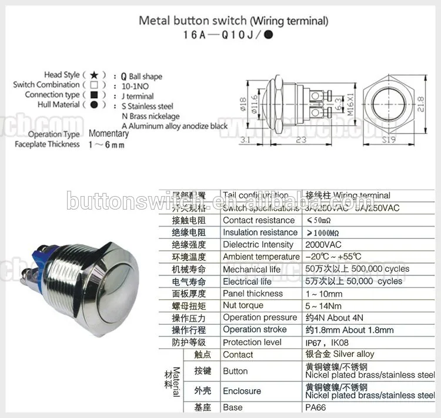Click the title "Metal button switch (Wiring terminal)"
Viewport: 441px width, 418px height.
tap(233, 21)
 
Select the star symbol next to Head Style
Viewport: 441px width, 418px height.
tap(93, 75)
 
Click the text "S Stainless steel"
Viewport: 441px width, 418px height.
tap(147, 106)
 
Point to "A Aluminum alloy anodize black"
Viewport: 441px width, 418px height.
tap(174, 126)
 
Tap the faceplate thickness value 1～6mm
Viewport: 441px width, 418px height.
tap(106, 144)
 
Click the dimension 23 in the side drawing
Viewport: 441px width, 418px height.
tap(300, 140)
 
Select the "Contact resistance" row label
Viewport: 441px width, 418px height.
tap(258, 220)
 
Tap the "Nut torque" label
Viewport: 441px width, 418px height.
tap(243, 305)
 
